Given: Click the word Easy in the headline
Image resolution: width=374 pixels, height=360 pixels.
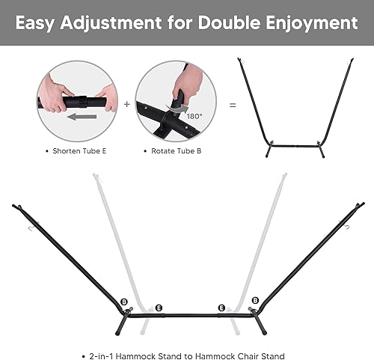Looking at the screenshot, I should pyautogui.click(x=38, y=23).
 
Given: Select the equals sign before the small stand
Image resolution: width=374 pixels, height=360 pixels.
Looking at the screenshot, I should pyautogui.click(x=233, y=106).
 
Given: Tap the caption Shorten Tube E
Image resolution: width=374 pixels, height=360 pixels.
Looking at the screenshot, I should pyautogui.click(x=79, y=150).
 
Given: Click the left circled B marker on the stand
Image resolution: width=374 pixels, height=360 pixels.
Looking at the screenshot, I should pyautogui.click(x=123, y=301).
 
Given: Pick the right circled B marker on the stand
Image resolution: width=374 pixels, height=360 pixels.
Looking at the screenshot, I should pyautogui.click(x=255, y=301).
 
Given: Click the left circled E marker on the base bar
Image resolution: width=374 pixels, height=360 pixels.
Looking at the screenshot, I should pyautogui.click(x=158, y=308).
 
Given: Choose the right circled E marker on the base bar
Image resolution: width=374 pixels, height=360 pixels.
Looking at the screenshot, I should pyautogui.click(x=221, y=308).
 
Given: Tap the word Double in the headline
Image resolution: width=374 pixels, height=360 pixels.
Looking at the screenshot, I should pyautogui.click(x=228, y=23).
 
